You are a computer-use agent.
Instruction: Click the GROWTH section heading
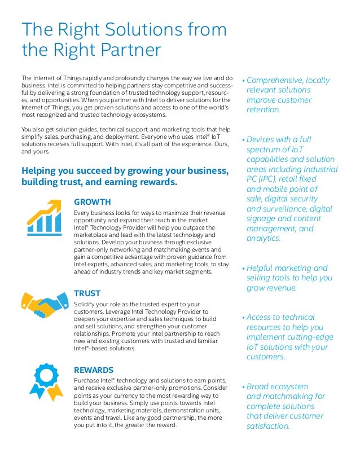pos(92,202)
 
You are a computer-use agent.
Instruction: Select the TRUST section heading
pos(87,293)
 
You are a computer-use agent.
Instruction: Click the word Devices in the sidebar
pos(263,139)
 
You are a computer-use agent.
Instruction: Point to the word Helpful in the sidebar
pos(263,268)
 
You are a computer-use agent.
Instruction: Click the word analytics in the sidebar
pos(264,239)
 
